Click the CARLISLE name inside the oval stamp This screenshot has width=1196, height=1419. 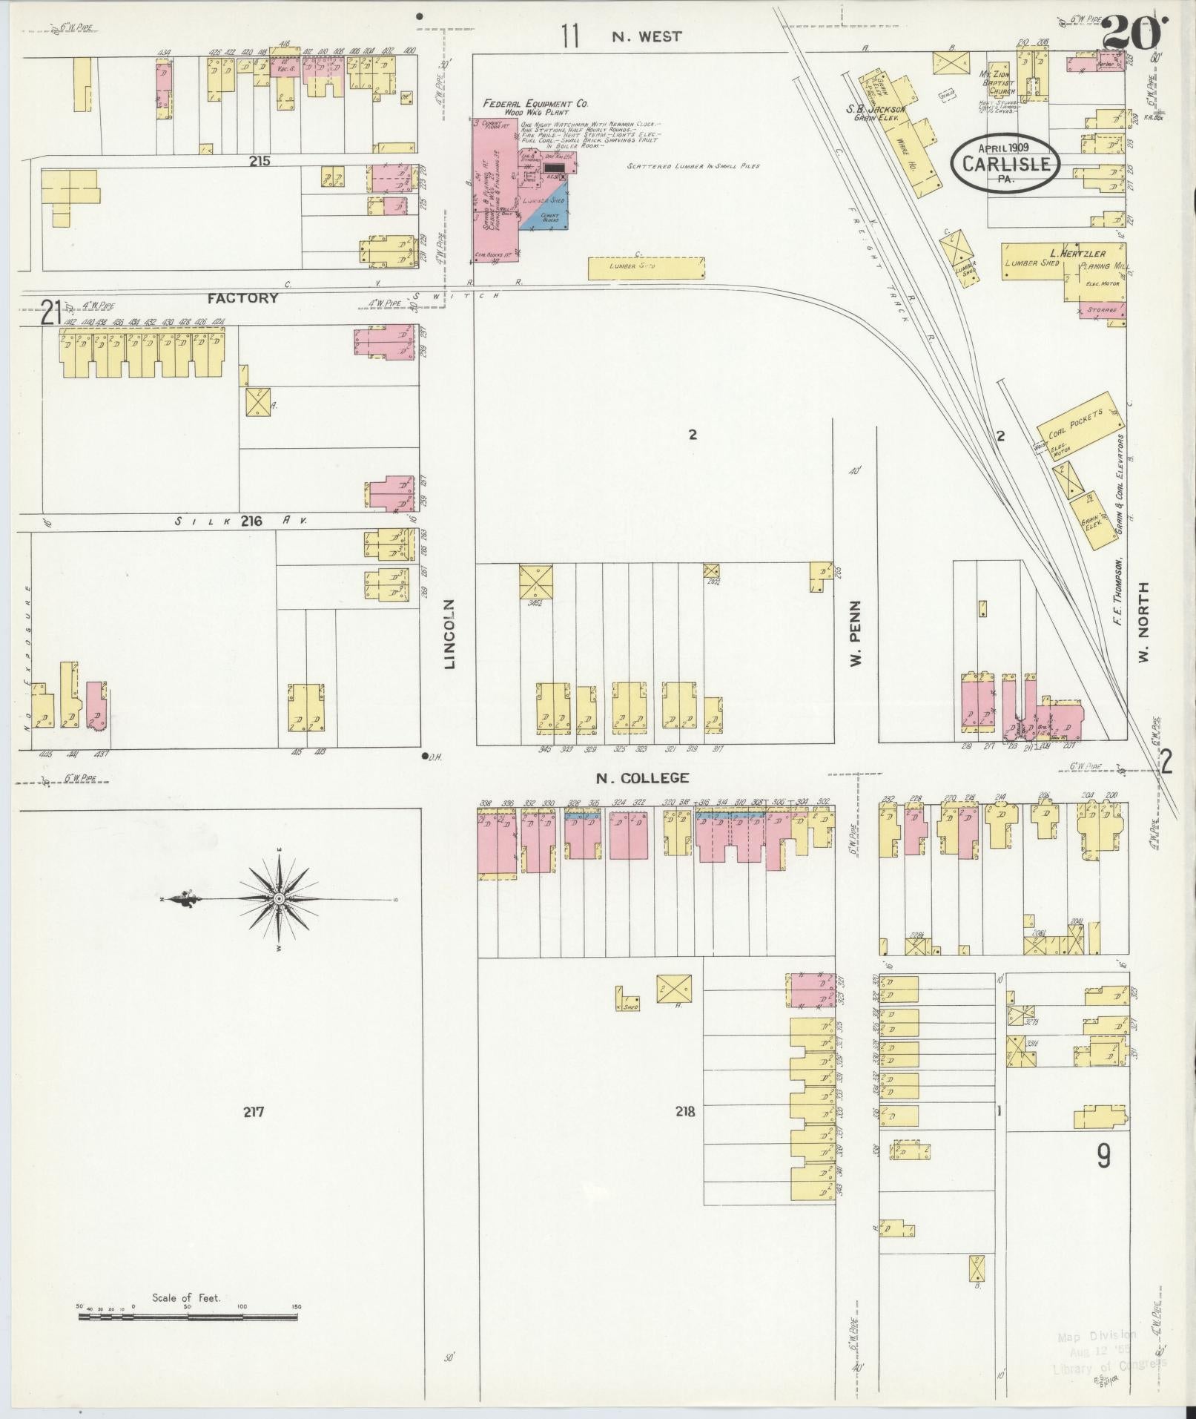pos(1007,164)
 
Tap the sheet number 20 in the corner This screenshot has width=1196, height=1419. pos(1132,33)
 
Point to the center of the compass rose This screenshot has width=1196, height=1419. pos(279,898)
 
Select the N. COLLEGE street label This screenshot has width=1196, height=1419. pos(642,778)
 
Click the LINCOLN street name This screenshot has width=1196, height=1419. pos(449,634)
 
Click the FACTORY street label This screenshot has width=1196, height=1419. pos(242,297)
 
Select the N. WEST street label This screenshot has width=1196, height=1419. pos(647,36)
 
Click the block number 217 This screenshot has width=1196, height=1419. pos(253,1111)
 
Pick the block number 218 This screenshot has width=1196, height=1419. pos(685,1111)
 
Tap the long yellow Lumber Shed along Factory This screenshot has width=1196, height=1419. pos(645,268)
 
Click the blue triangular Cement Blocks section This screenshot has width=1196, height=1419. pos(547,217)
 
